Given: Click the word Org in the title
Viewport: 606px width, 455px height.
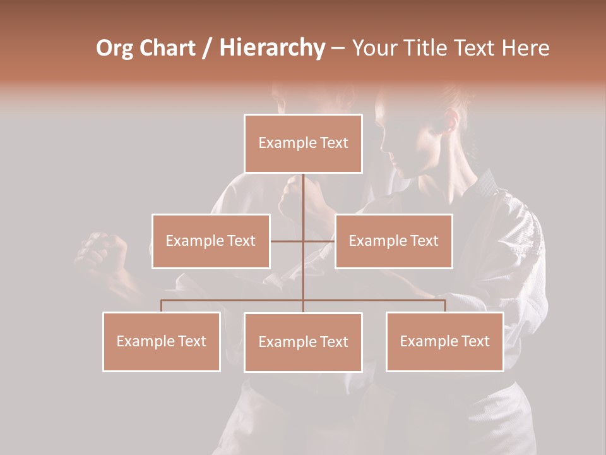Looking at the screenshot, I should point(115,49).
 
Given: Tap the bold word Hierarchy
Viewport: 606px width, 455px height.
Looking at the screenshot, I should point(272,49).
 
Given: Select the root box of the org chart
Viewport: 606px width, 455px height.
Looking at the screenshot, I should point(303,143).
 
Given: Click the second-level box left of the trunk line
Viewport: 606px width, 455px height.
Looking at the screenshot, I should point(211,241).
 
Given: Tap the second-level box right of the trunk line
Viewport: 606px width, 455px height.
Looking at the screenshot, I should point(393,241).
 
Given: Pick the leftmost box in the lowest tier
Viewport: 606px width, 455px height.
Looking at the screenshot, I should point(162,341).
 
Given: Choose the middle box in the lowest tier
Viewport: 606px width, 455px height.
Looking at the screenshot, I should point(303,342).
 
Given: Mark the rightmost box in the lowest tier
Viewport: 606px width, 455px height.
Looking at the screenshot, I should point(444,341).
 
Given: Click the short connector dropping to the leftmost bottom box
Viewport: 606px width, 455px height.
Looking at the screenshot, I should point(162,306).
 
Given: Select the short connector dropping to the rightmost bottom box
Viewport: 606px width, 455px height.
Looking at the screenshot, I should point(444,306).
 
